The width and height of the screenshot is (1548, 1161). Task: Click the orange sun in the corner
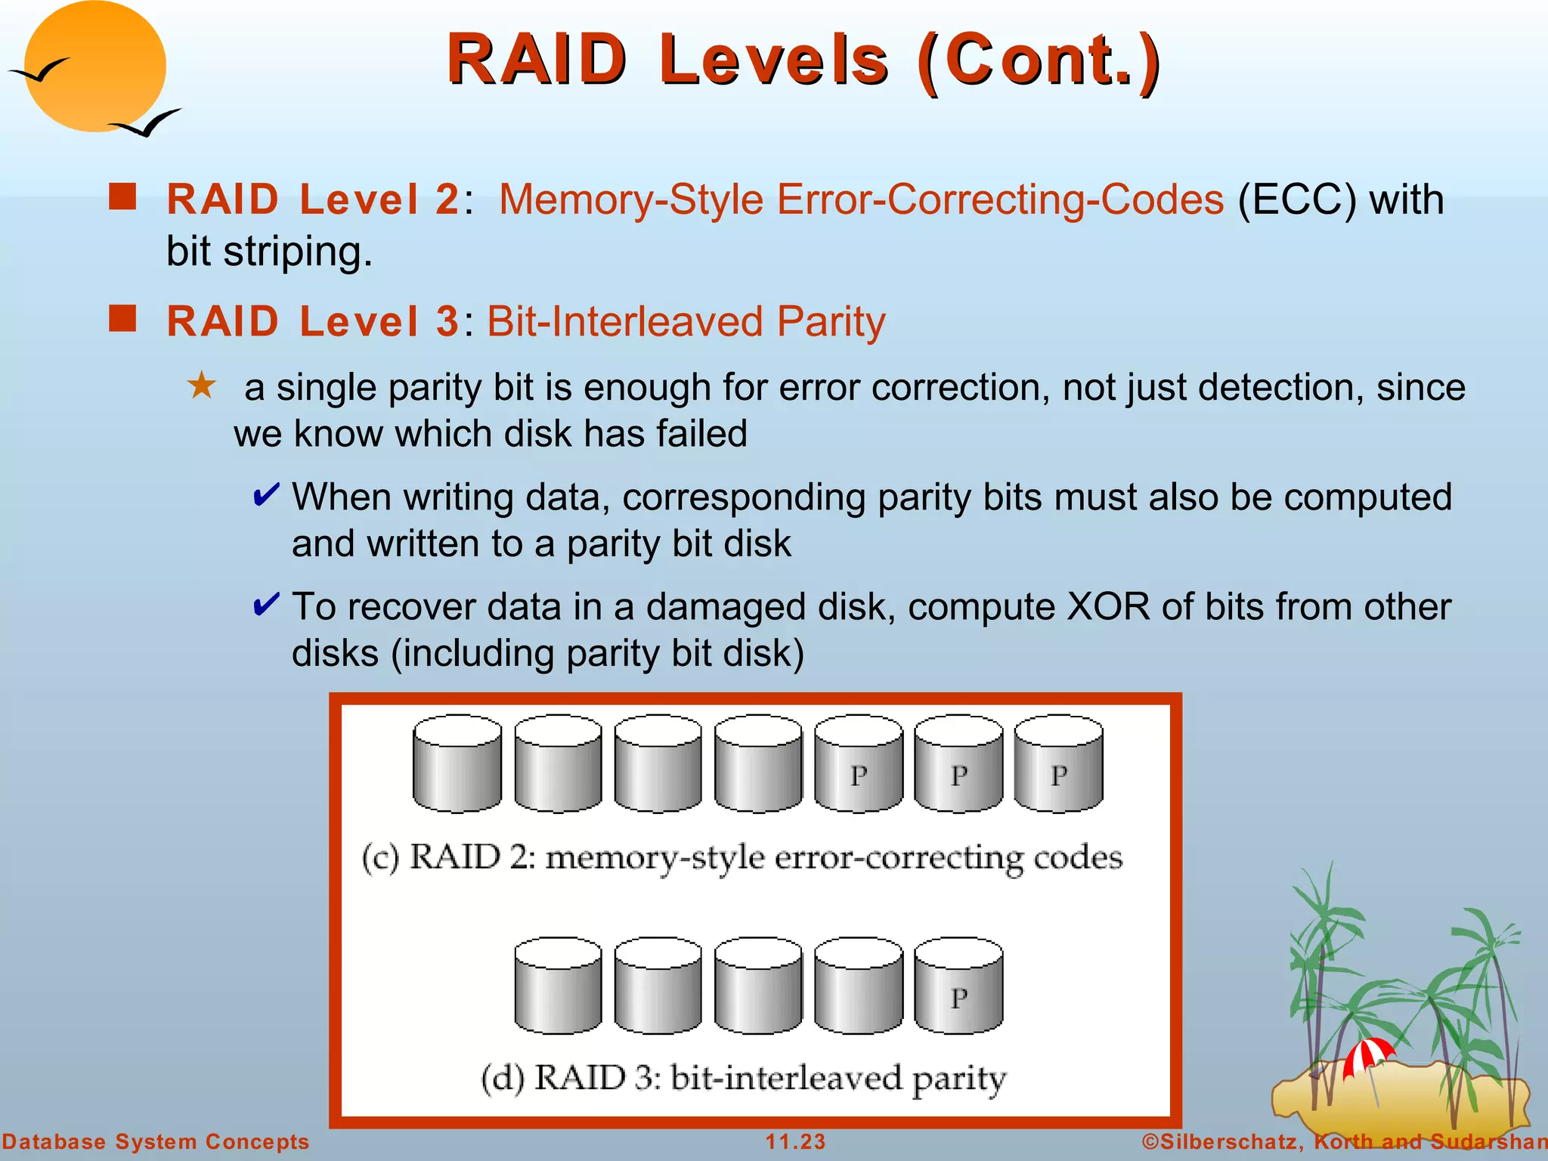[94, 66]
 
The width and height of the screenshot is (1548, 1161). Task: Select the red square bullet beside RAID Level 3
[122, 318]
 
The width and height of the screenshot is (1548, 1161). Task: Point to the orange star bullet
[202, 385]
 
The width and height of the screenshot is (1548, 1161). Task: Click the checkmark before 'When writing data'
[266, 496]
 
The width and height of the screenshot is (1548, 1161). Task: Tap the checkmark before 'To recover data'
[266, 605]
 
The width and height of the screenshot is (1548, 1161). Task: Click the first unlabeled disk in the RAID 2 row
[457, 763]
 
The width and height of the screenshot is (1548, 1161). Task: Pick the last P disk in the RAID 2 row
[1058, 763]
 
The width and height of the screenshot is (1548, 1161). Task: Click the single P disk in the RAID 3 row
[958, 986]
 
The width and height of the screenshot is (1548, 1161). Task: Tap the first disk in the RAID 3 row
[558, 986]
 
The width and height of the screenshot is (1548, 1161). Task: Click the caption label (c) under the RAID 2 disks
[379, 859]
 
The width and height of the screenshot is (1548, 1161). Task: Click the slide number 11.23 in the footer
[795, 1141]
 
